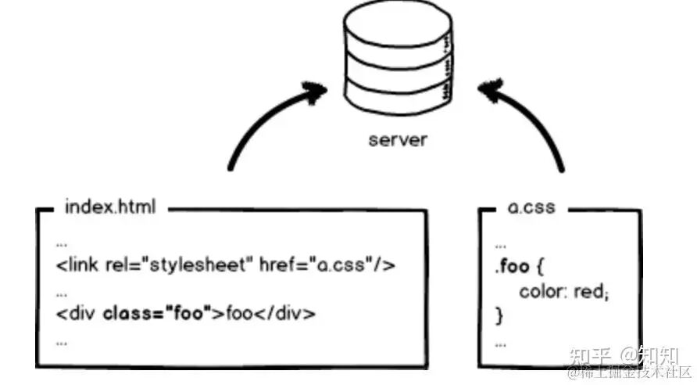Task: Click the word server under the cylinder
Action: pos(398,141)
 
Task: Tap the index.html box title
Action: pos(110,208)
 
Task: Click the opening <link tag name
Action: pos(72,264)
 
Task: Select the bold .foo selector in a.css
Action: pos(512,267)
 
